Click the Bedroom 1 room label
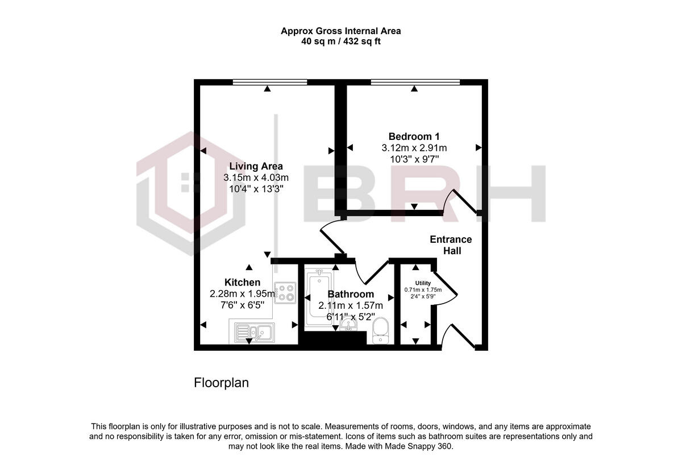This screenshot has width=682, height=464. [414, 136]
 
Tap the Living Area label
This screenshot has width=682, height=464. [256, 166]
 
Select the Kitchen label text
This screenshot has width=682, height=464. [242, 283]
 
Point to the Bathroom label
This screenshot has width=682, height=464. [351, 294]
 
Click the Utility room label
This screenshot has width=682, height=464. [423, 283]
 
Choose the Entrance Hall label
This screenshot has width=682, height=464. [451, 245]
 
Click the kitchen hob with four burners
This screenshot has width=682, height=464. [285, 292]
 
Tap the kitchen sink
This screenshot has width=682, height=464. [252, 333]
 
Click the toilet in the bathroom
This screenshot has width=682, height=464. [380, 331]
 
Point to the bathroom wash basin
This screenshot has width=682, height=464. [348, 324]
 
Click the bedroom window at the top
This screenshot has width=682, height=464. [415, 82]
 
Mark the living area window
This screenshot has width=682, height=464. [269, 82]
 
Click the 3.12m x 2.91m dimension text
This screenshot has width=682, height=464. [414, 148]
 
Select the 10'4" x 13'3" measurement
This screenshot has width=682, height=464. [256, 189]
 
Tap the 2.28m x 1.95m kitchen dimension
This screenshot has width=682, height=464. [242, 294]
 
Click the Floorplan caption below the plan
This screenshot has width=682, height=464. [222, 383]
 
